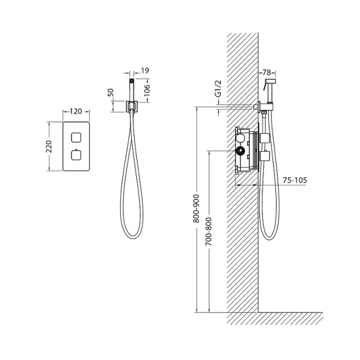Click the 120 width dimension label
coord(75,111)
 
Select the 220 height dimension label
coord(49,146)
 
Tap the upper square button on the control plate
coord(76,137)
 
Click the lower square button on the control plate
coord(76,155)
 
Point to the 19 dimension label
coord(145,70)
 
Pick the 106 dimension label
coord(146,90)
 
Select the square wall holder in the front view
coord(131,106)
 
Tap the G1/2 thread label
coord(219,88)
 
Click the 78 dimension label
coord(266,73)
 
